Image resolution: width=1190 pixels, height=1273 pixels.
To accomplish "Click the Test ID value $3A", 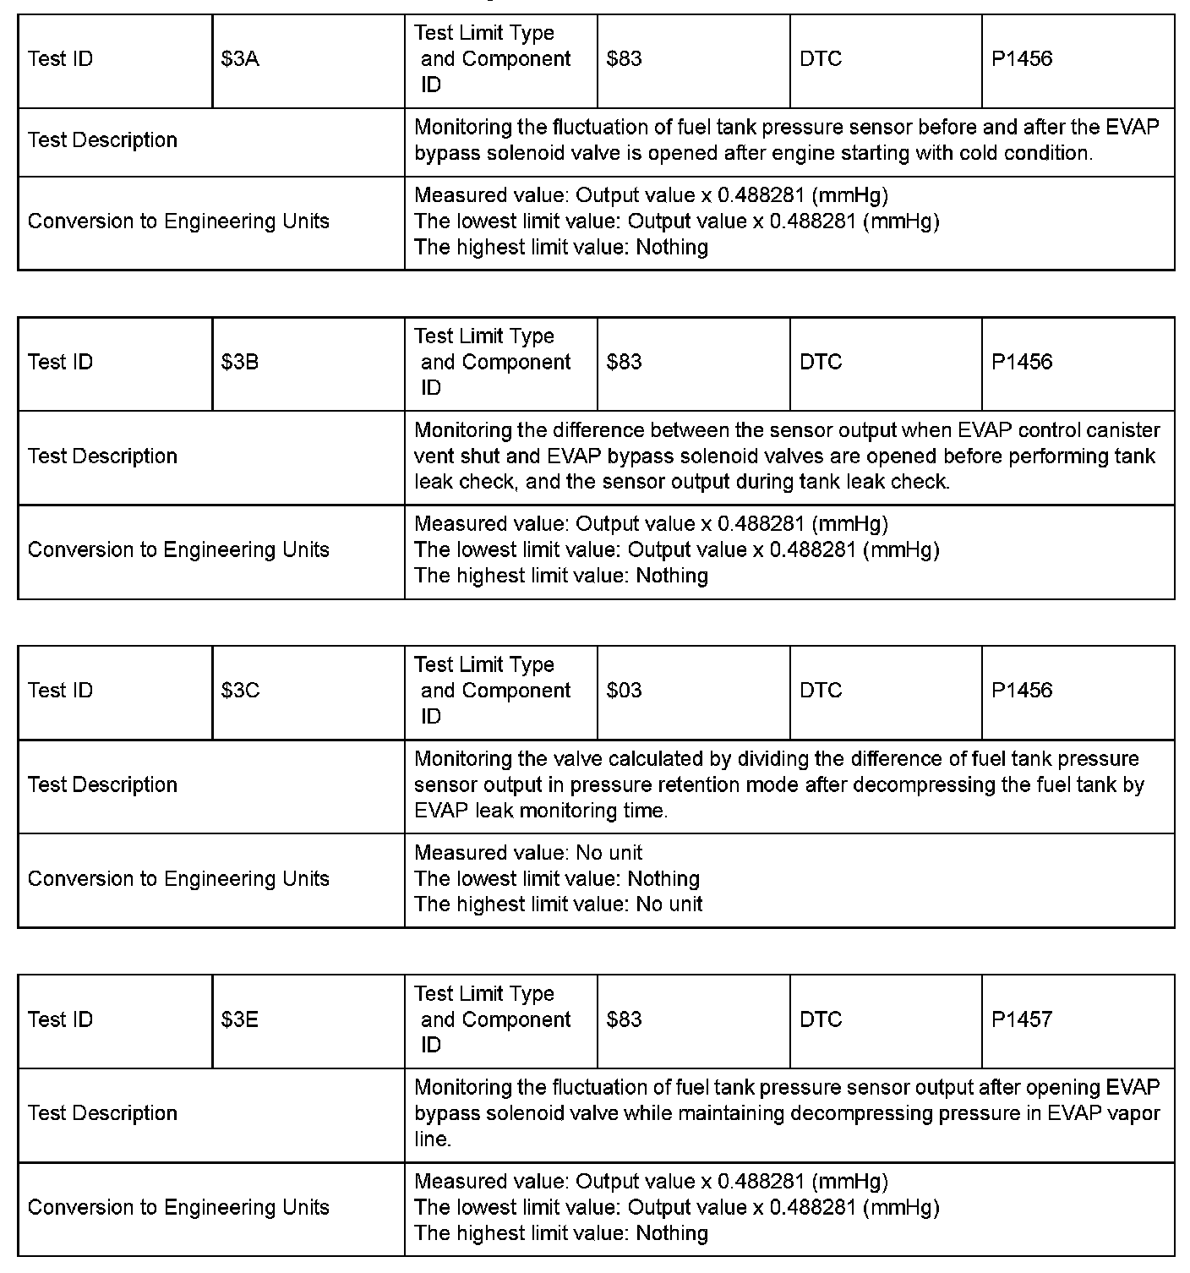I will click(x=240, y=59).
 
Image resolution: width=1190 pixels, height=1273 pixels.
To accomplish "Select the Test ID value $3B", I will click(x=240, y=363).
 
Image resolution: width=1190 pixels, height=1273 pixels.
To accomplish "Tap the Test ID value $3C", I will click(x=241, y=691).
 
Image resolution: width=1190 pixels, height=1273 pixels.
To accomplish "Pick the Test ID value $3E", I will click(x=240, y=1019).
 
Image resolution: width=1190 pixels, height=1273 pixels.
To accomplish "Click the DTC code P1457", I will click(x=1022, y=1019).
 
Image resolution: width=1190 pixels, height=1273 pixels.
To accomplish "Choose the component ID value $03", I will click(x=624, y=691).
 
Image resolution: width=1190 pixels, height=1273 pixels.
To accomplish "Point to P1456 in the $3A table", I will click(x=1022, y=59).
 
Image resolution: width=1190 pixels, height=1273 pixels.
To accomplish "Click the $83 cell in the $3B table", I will click(x=624, y=363).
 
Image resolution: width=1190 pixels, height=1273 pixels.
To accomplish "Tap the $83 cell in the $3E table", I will click(x=624, y=1019).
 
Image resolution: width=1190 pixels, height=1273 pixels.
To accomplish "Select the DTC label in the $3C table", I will click(x=821, y=691).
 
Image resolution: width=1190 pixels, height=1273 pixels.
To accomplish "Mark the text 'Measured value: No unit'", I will click(x=528, y=852).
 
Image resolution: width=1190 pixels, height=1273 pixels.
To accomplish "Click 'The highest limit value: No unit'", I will click(x=558, y=904).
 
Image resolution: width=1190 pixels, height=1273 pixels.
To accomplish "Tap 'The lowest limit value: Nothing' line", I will click(x=557, y=878).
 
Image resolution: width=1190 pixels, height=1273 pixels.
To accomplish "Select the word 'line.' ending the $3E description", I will click(x=433, y=1139).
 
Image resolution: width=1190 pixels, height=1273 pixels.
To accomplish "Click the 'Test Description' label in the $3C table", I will click(x=102, y=784).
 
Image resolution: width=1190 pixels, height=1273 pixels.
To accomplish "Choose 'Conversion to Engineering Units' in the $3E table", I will click(x=178, y=1207).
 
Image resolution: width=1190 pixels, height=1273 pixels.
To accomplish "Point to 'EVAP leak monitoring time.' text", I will click(x=541, y=811).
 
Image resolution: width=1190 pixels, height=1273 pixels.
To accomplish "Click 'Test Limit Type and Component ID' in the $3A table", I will click(x=495, y=59).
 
